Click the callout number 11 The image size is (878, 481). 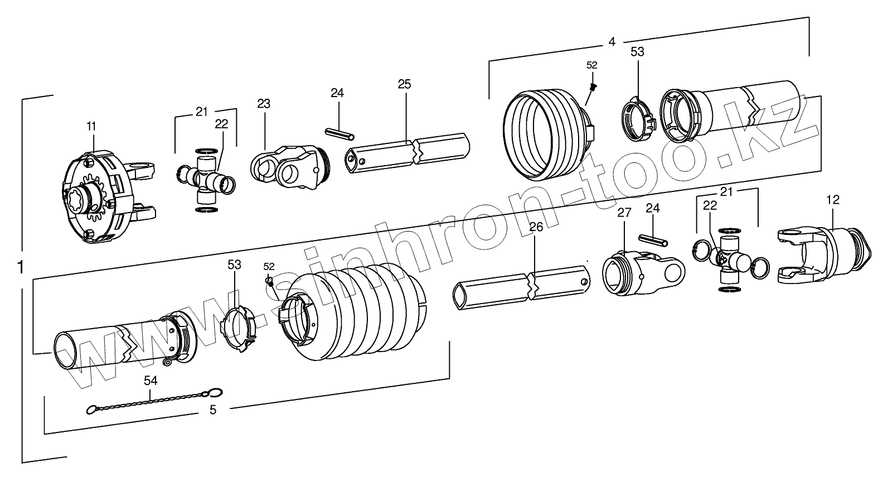[91, 126]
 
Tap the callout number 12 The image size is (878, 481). [833, 200]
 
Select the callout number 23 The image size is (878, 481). [264, 104]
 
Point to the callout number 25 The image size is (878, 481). [405, 85]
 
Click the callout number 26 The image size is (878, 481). [536, 227]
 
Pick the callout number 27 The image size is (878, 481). [624, 213]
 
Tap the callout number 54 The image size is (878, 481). [151, 381]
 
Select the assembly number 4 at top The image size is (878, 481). [612, 42]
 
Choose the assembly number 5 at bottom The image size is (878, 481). [212, 410]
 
